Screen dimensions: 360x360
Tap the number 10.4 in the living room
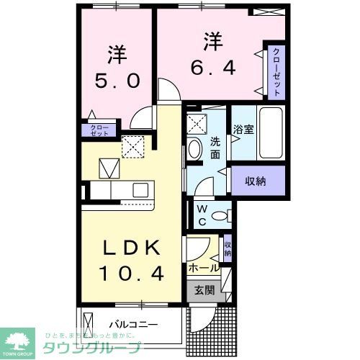coord(132,274)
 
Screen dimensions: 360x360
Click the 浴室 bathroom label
coord(243,130)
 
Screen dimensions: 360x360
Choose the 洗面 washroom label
coord(215,148)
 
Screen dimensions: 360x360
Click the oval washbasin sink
coord(194,150)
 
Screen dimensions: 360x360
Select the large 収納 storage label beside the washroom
coord(256,181)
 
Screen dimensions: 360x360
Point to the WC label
coord(202,215)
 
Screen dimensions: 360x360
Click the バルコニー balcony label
coord(132,325)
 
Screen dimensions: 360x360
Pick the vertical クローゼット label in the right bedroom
coord(276,73)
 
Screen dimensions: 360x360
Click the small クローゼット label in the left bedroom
coord(99,130)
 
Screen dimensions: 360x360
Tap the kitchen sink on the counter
coord(140,190)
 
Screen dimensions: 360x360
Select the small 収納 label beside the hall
coord(228,249)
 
